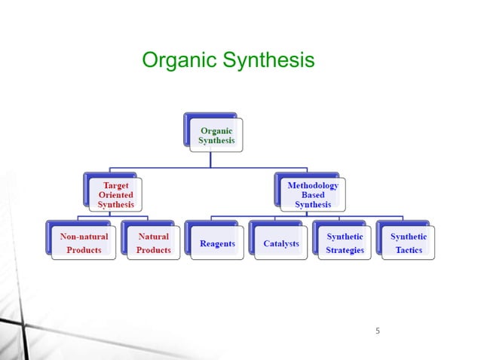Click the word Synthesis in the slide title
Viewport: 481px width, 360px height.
(x=269, y=61)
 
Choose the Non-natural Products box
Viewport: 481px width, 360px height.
(x=84, y=243)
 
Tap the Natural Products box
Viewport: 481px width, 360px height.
(x=153, y=243)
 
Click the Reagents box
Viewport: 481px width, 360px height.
(x=216, y=243)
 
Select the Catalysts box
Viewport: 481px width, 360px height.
(x=280, y=243)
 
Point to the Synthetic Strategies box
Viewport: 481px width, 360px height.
(x=345, y=243)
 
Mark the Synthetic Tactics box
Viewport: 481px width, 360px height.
(x=408, y=243)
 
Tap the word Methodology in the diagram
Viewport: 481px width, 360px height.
(x=313, y=184)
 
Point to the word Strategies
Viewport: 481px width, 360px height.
(x=345, y=250)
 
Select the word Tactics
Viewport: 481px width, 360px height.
(x=409, y=250)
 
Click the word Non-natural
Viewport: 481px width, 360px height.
(x=84, y=236)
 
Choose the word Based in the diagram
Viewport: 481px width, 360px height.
(x=313, y=194)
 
